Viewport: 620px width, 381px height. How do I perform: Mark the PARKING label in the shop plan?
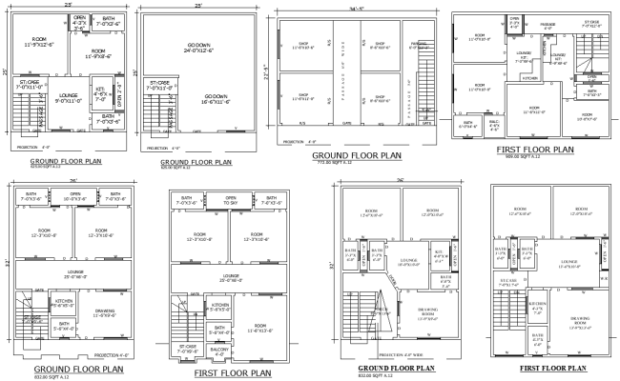click(417, 45)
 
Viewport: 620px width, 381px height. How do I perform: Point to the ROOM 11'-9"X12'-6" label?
click(41, 43)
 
